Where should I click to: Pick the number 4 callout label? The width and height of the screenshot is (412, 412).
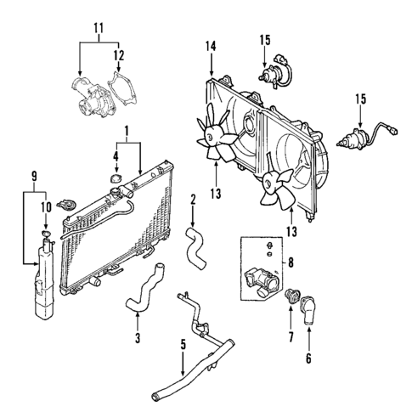click(x=116, y=155)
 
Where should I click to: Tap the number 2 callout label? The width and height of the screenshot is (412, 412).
click(x=193, y=200)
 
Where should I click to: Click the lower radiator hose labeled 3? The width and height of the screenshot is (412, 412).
click(x=144, y=289)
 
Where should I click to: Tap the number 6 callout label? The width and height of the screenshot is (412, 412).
click(x=308, y=358)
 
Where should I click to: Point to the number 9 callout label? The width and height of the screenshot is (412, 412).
click(x=34, y=177)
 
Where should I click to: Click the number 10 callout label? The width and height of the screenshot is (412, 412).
click(x=45, y=204)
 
